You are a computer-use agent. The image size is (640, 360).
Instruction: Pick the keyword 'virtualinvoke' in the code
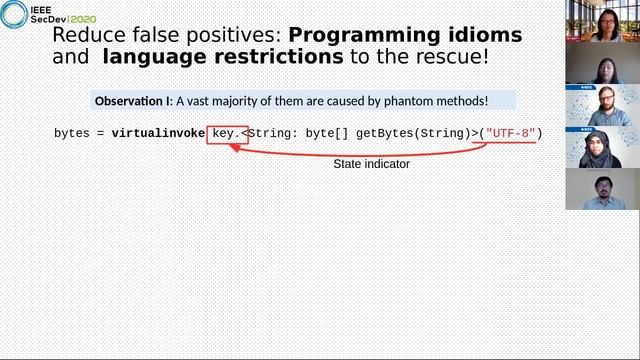pyautogui.click(x=158, y=133)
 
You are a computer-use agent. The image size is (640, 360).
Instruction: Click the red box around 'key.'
pyautogui.click(x=227, y=133)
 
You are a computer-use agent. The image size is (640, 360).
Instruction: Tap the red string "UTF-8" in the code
pyautogui.click(x=510, y=133)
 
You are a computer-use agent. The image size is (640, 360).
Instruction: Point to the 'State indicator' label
pyautogui.click(x=371, y=163)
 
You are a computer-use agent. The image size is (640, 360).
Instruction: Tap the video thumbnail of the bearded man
pyautogui.click(x=602, y=105)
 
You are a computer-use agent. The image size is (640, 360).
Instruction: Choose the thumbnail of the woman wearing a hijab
pyautogui.click(x=602, y=147)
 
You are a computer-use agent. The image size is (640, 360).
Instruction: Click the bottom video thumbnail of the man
pyautogui.click(x=602, y=189)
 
